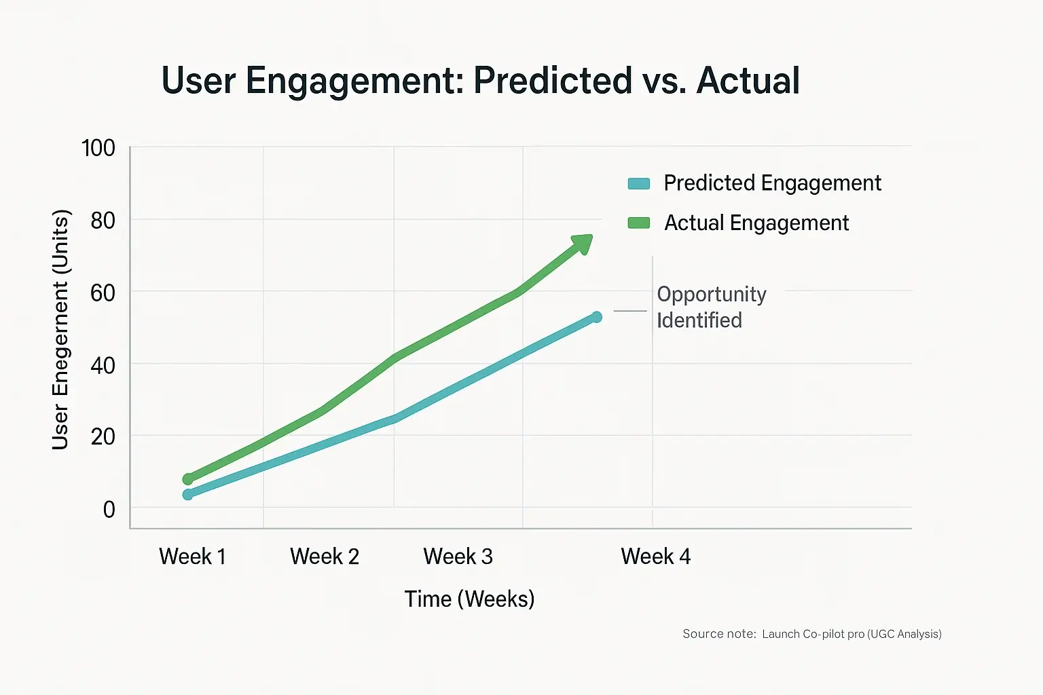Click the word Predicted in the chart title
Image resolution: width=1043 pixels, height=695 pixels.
point(553,81)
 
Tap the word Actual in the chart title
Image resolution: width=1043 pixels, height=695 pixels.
point(748,81)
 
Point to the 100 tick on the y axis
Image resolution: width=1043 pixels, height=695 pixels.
point(98,148)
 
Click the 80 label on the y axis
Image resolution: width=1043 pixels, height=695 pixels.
point(103,221)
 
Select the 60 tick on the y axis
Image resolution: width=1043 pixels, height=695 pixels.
point(103,293)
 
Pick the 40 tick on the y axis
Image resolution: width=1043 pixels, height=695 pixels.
point(103,365)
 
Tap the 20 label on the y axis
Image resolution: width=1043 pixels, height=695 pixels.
point(103,436)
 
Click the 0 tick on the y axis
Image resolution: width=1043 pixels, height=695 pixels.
point(109,509)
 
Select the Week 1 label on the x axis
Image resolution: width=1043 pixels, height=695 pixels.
point(192,557)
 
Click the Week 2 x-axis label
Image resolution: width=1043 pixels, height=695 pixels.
point(324,557)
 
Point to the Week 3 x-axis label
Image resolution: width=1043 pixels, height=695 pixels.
point(458,557)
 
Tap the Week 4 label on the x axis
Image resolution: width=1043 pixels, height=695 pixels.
point(655,557)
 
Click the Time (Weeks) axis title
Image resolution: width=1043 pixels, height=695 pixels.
point(469,599)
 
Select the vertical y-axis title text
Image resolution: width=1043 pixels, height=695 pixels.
point(60,329)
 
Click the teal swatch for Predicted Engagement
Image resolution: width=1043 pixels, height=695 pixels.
point(639,183)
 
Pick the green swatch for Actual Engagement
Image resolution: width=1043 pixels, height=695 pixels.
point(639,223)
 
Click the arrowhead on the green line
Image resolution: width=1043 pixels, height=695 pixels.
point(583,244)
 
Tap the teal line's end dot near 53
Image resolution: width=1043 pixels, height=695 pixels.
point(597,317)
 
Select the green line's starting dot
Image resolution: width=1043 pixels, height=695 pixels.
point(188,479)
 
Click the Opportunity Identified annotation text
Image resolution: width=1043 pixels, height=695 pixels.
point(710,307)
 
